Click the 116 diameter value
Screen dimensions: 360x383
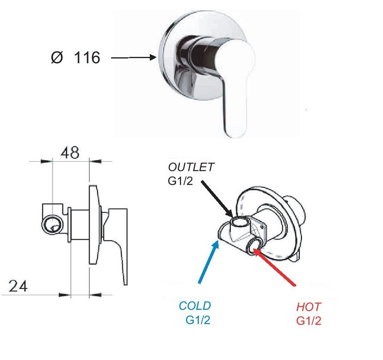[x=87, y=58]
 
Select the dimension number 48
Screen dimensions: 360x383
[x=70, y=152]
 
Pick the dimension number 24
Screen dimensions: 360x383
[x=18, y=286]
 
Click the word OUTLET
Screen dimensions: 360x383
[x=191, y=167]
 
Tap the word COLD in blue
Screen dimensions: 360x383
[x=195, y=306]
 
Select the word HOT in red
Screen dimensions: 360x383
[x=309, y=307]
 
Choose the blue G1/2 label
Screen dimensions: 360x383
[x=198, y=320]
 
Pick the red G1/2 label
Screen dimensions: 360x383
[x=309, y=320]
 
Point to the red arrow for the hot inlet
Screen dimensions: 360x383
[x=275, y=266]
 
